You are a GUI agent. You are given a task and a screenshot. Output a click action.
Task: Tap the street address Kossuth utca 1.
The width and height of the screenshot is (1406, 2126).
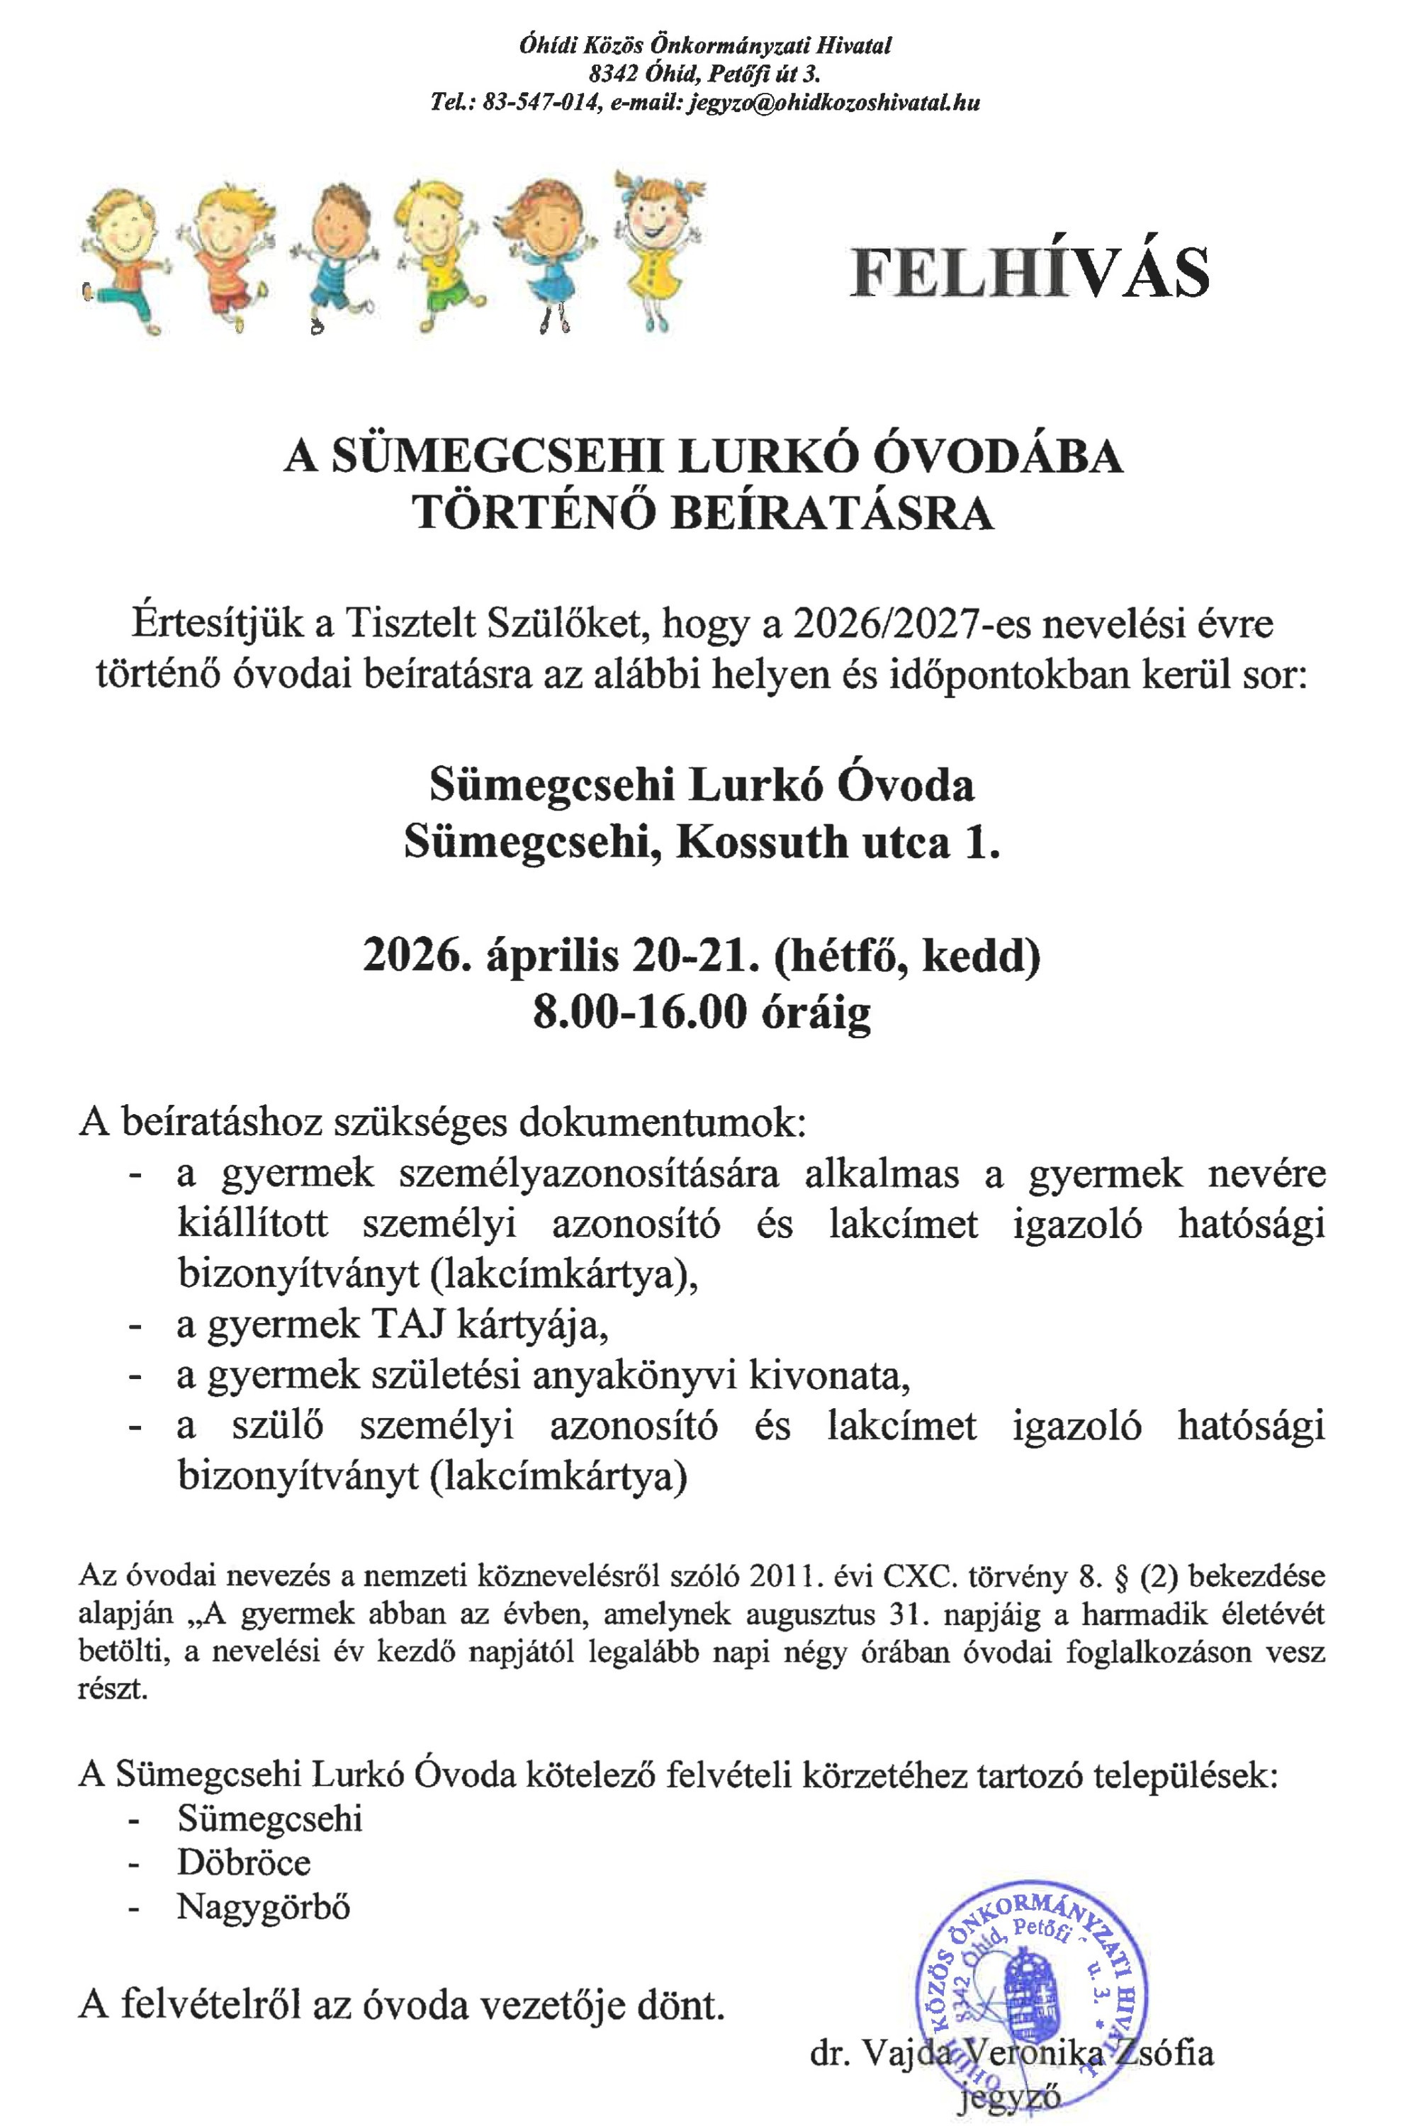[x=838, y=842]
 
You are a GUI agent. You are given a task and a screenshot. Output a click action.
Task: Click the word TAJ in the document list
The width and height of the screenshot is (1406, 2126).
[x=406, y=1324]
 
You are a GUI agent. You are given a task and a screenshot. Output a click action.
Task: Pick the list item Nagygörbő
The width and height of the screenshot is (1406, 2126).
[x=264, y=1906]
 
